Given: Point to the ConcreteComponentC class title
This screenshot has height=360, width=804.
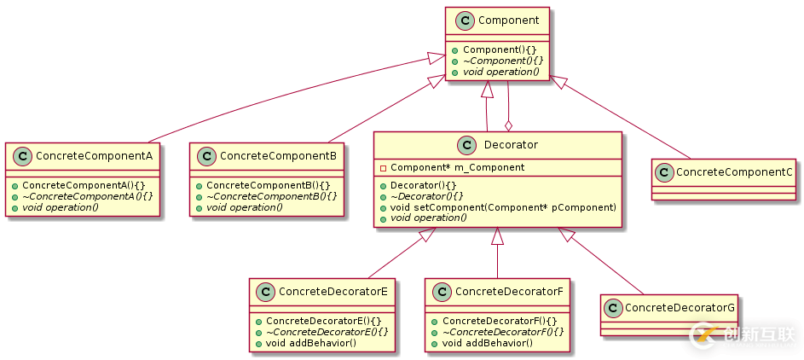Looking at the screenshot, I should click(734, 172).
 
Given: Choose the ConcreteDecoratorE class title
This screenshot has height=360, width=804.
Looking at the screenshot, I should click(333, 292).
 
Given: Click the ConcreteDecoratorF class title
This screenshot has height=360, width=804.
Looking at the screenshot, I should click(509, 292).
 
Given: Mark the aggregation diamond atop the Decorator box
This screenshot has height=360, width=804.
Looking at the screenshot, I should click(508, 125).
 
